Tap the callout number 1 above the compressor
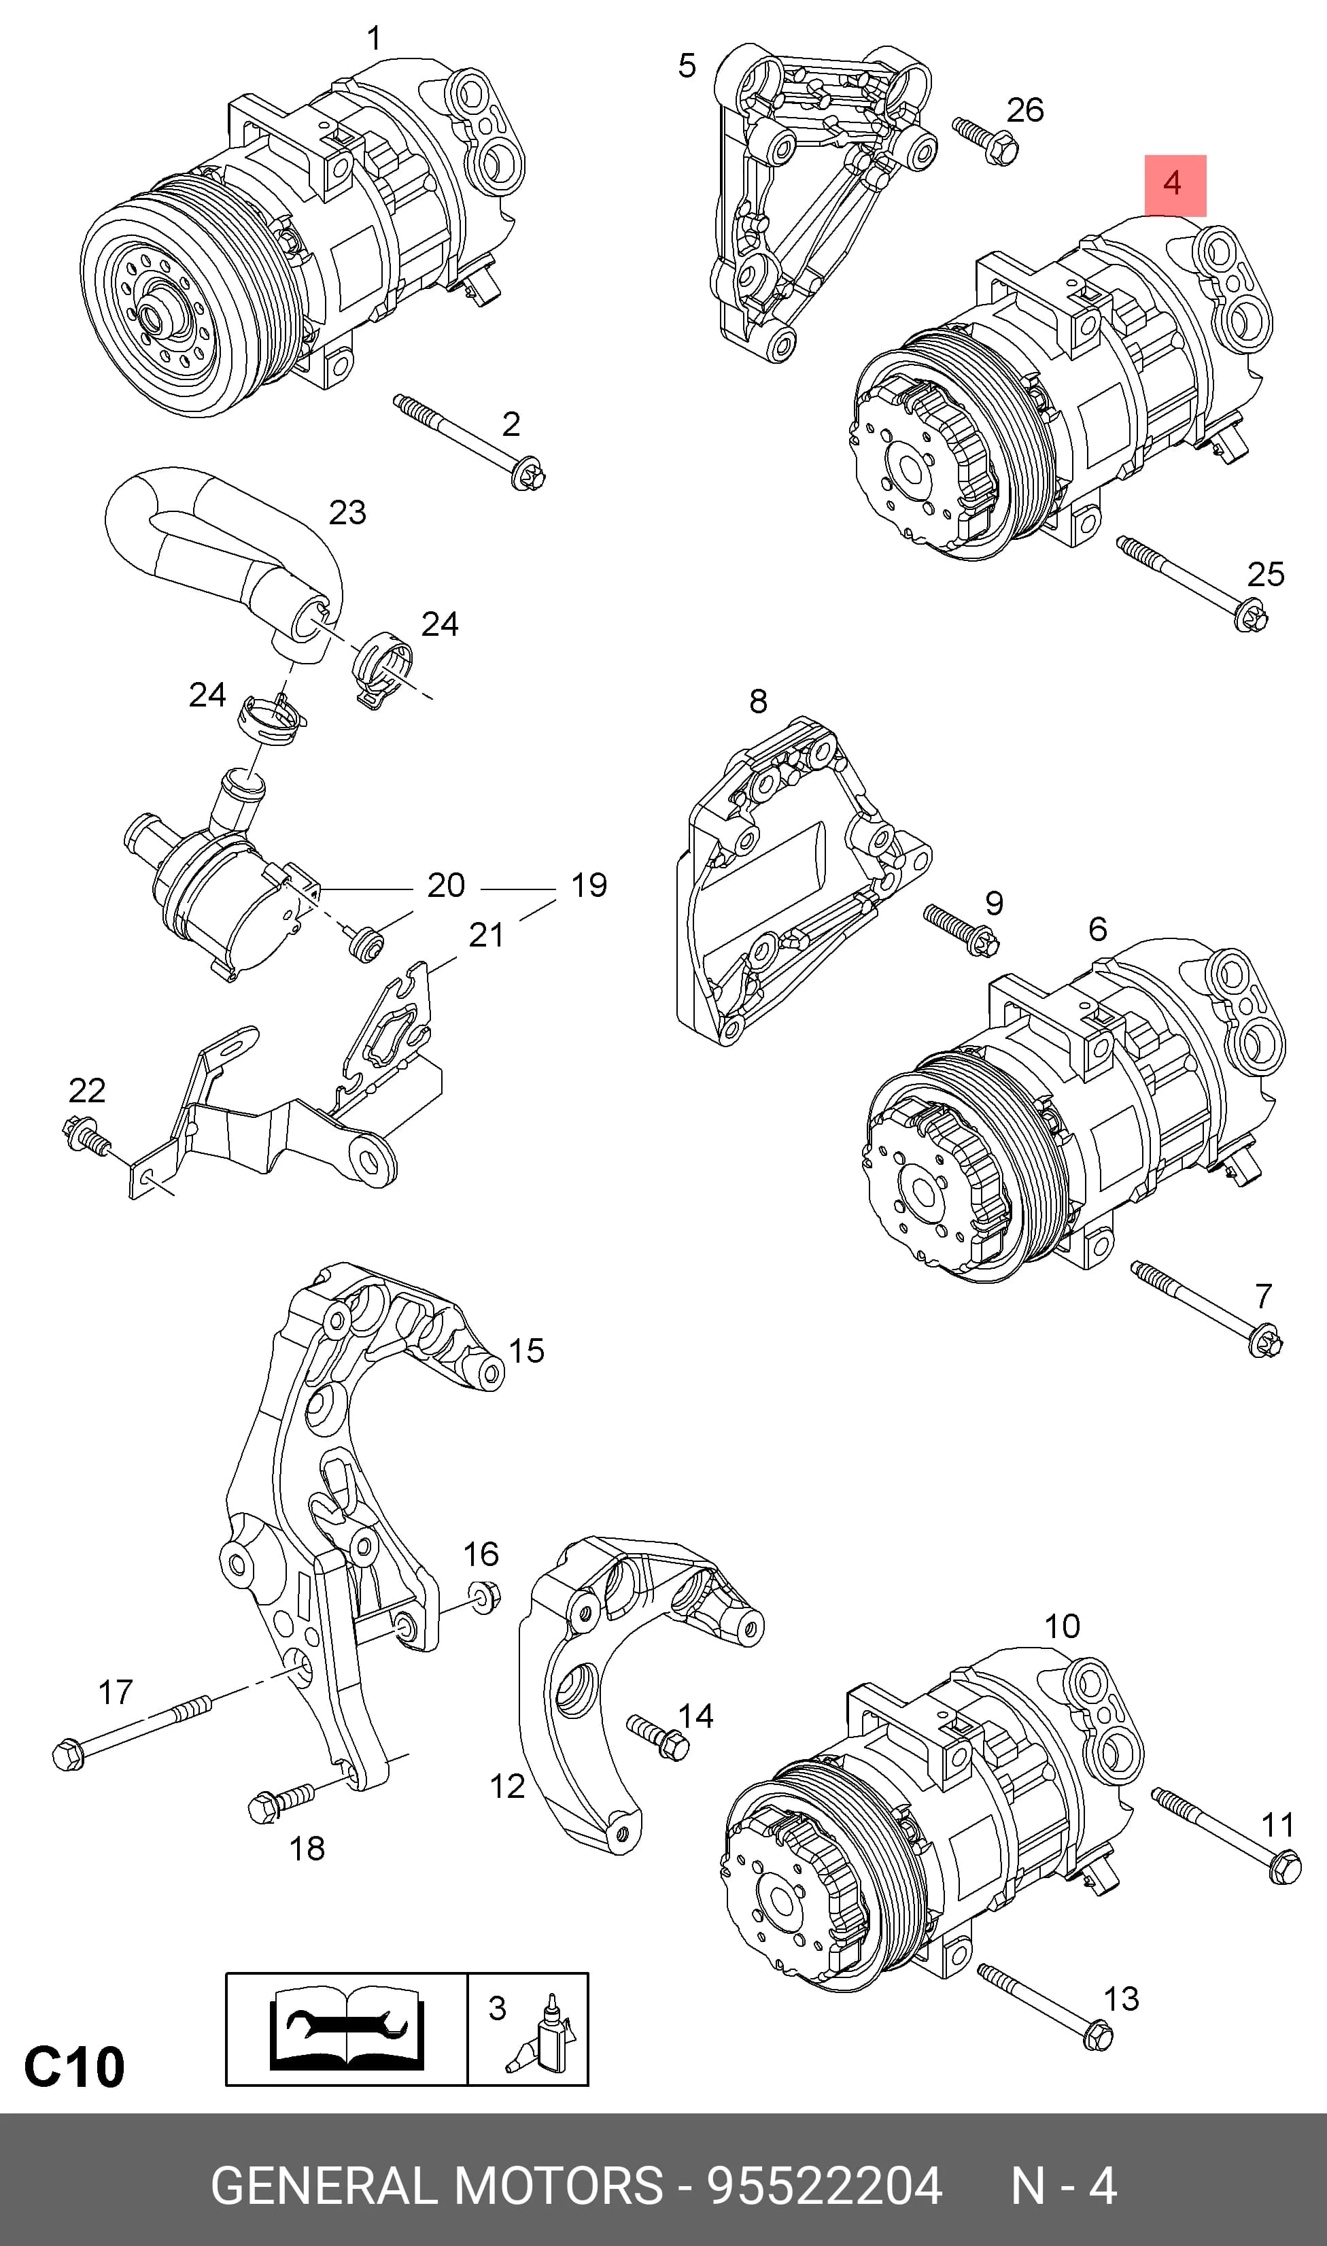tap(375, 39)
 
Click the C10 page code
tap(74, 2067)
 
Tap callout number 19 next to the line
tap(589, 885)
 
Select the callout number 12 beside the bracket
tap(507, 1786)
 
